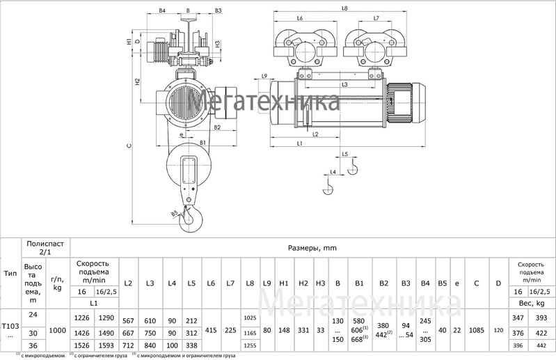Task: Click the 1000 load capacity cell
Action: (58, 332)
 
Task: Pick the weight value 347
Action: (517, 318)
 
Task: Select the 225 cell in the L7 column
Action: (231, 332)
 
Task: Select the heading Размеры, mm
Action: (312, 247)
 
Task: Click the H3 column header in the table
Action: (320, 283)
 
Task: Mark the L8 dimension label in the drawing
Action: (345, 8)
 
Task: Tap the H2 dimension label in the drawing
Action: (138, 81)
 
